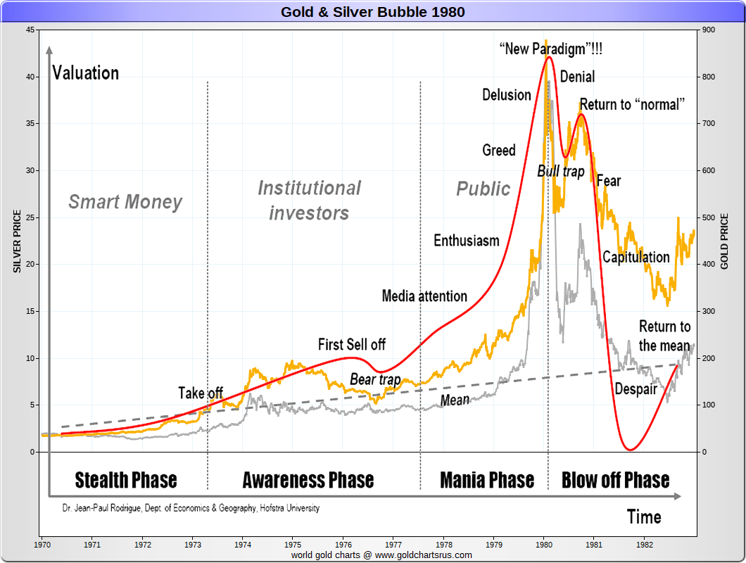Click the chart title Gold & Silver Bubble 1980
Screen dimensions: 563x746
373,12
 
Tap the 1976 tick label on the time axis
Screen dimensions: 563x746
343,544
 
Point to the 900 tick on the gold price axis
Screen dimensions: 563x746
707,30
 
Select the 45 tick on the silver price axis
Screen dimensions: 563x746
30,30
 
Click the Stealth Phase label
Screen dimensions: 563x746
126,480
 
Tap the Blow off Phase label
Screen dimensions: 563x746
615,480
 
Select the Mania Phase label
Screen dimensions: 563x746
487,480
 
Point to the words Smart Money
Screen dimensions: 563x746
125,203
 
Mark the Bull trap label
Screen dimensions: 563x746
561,172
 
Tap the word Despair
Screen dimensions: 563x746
636,389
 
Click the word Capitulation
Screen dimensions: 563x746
636,257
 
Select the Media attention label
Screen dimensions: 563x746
424,296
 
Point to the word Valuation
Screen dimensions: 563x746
86,73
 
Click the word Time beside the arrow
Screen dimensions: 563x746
644,517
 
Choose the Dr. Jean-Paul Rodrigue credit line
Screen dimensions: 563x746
190,508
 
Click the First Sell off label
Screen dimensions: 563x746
352,345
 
